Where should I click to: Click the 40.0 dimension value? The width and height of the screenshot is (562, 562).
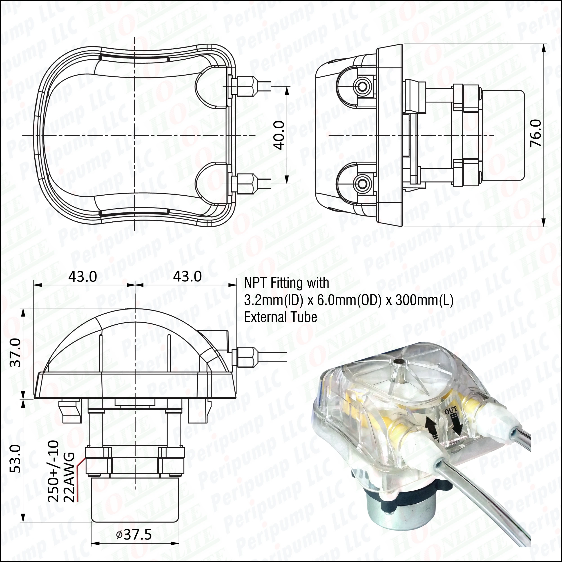point(279,136)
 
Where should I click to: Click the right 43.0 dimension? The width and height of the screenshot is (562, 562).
point(187,277)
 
